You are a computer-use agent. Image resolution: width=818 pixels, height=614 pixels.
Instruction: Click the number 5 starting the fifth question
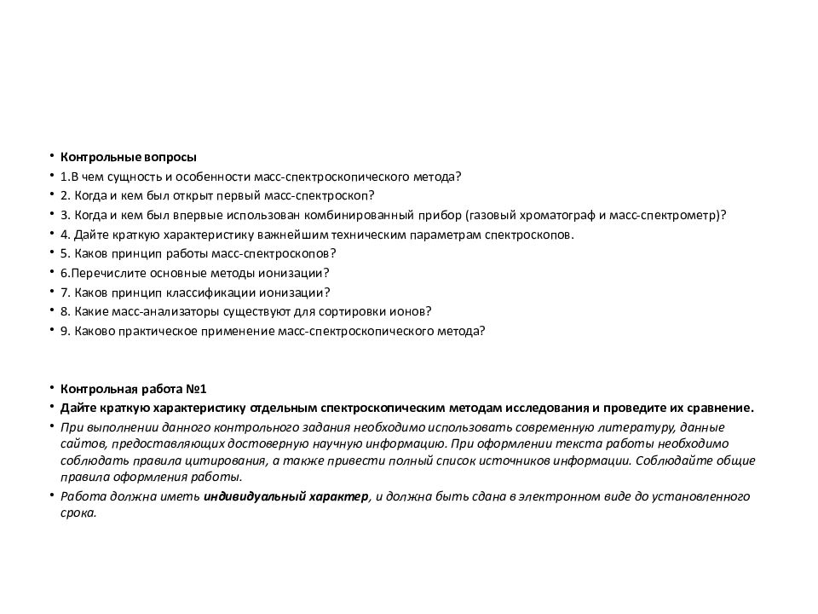click(x=64, y=254)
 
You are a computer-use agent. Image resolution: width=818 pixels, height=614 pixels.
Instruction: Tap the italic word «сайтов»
click(x=78, y=443)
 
